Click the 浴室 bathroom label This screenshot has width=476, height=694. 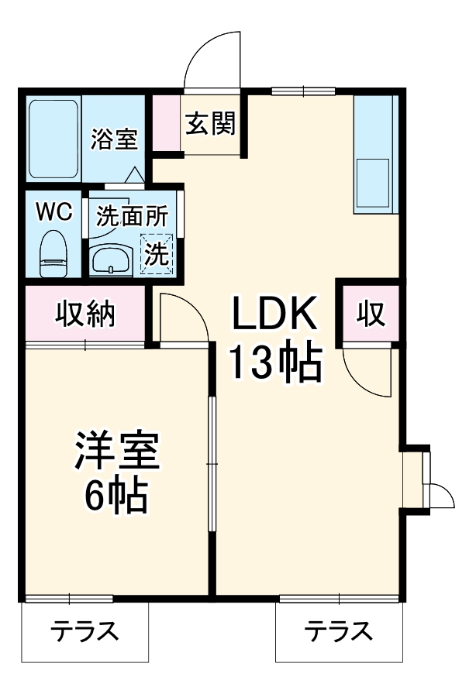tap(114, 140)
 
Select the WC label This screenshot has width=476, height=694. tap(54, 212)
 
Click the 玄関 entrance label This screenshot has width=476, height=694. tap(210, 122)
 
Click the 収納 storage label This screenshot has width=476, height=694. tap(85, 314)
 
